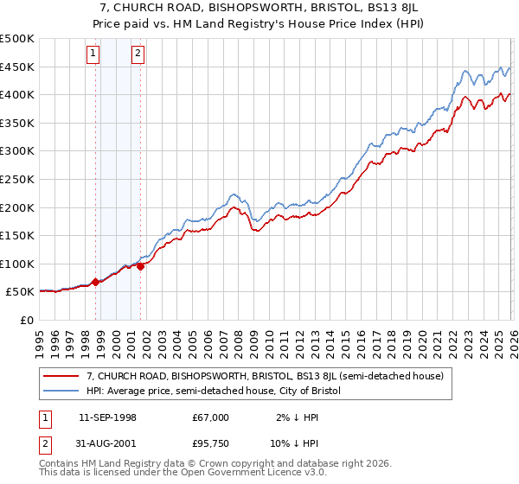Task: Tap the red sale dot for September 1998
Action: click(x=95, y=282)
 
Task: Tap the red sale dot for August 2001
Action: click(x=140, y=265)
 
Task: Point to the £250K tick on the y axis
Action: click(x=17, y=179)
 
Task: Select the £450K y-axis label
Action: click(x=17, y=67)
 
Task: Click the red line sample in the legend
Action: click(x=61, y=376)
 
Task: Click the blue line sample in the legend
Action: click(x=61, y=392)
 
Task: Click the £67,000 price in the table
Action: click(x=210, y=417)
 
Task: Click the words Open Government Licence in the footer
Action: click(x=234, y=474)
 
